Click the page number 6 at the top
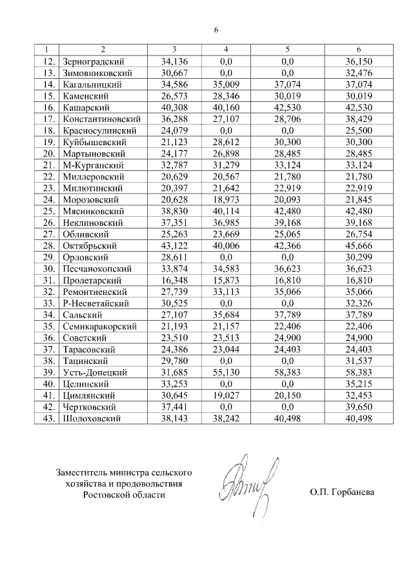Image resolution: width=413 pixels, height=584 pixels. click(216, 30)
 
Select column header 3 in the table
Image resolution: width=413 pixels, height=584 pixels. click(174, 50)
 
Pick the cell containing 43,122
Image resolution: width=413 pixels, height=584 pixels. click(174, 245)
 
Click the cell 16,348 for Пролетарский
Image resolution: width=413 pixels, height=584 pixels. click(174, 280)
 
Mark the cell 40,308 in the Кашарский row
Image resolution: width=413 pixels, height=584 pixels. click(174, 107)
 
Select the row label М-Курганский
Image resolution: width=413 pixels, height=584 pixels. click(90, 165)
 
